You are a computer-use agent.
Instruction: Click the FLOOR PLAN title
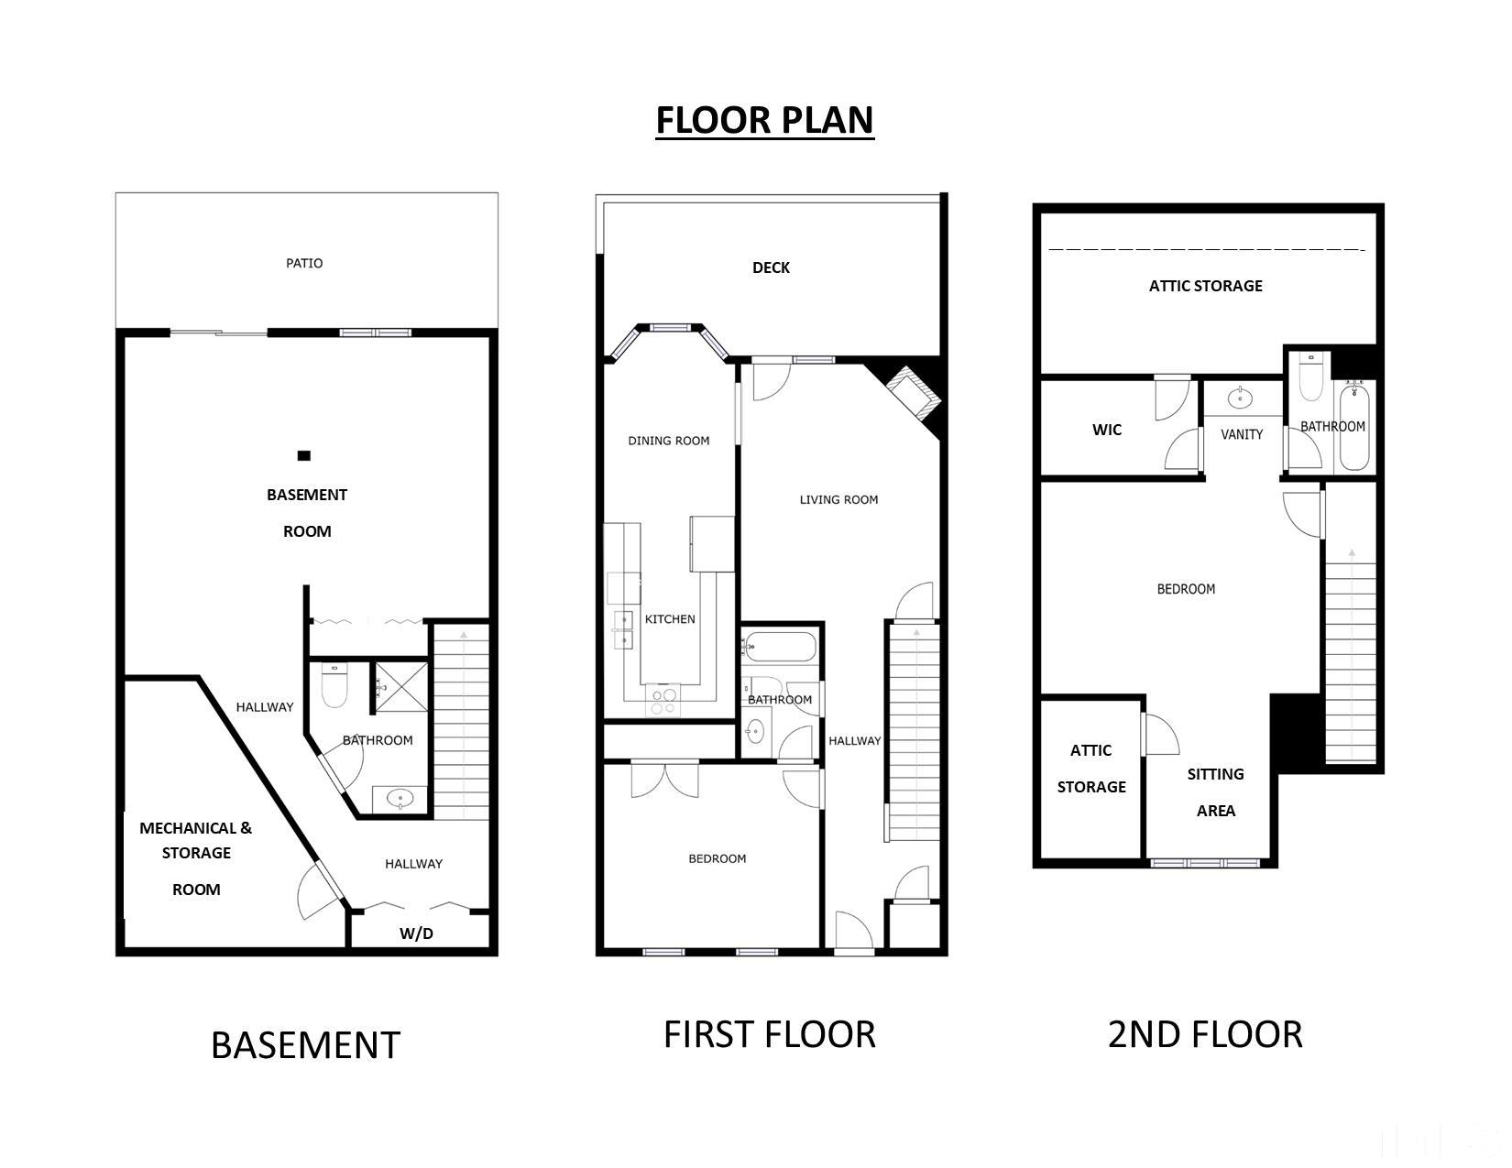point(764,121)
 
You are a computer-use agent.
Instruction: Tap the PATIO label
point(304,264)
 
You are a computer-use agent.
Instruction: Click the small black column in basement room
point(304,455)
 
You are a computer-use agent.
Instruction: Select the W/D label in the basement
point(416,934)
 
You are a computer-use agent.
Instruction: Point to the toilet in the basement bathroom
point(334,686)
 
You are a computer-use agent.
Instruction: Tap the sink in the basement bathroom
point(400,799)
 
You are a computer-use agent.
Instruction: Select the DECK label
point(771,267)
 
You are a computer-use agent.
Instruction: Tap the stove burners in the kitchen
point(663,701)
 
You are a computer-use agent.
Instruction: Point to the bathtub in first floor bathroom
point(780,648)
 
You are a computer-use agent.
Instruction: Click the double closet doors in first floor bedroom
point(665,779)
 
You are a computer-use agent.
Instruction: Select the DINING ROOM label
point(669,441)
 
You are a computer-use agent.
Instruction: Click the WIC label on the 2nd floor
point(1107,430)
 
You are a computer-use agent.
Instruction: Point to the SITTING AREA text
point(1215,792)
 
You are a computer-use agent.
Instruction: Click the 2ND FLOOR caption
point(1205,1034)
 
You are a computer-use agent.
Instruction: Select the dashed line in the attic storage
point(1206,249)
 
